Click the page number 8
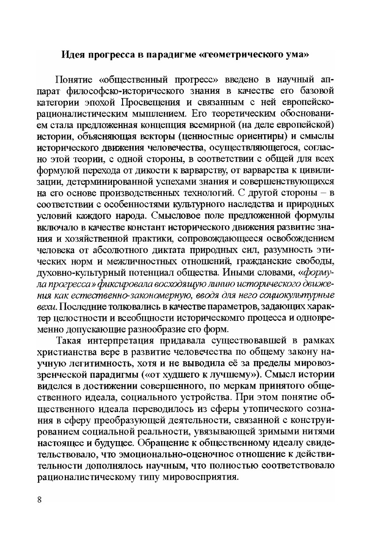(x=39, y=500)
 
